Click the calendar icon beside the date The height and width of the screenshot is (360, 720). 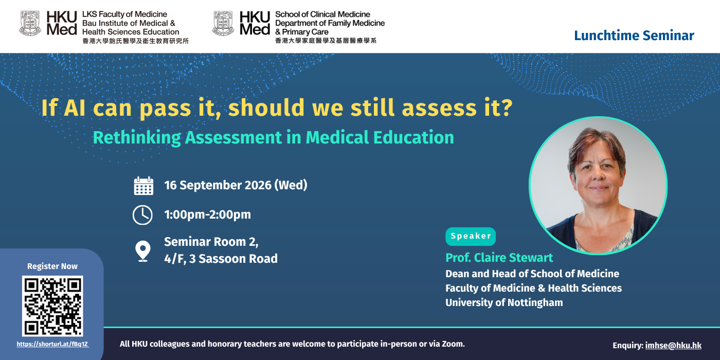[143, 186]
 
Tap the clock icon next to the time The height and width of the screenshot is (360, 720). [143, 215]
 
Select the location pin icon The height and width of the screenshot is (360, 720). [143, 251]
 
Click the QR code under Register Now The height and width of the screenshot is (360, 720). [52, 305]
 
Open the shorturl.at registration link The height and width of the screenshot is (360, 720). [52, 344]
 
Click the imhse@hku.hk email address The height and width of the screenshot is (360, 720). [673, 345]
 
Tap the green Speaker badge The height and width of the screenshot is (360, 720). [471, 236]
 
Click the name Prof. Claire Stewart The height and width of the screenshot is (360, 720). [499, 258]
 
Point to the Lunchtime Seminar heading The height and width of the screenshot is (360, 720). [634, 35]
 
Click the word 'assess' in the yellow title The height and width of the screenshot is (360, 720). [439, 108]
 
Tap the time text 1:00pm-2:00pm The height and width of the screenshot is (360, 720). [208, 215]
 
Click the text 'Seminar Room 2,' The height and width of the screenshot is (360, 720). [211, 242]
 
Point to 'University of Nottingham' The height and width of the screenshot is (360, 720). [504, 302]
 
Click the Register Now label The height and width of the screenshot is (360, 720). [52, 266]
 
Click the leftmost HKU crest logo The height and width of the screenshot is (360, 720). [30, 23]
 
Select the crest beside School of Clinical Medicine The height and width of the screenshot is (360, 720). [223, 23]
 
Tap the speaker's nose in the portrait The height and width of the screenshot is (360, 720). [599, 175]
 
